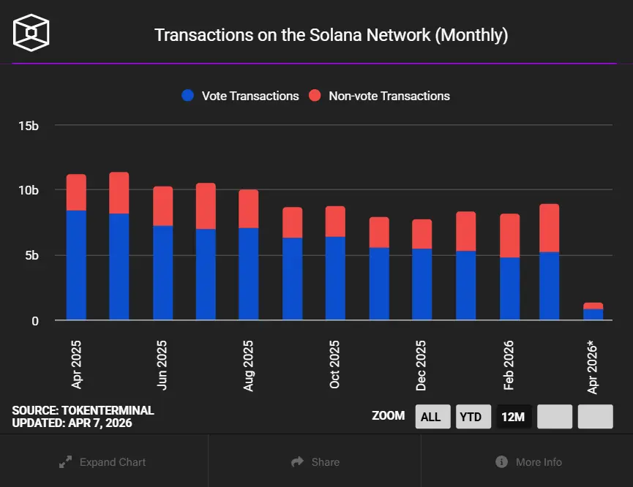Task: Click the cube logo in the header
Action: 31,33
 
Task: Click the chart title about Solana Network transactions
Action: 331,35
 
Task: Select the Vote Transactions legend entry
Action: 241,96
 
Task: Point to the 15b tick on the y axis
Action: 28,126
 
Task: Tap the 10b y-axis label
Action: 28,190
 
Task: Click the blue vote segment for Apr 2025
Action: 76,265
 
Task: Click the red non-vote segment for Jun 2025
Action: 162,206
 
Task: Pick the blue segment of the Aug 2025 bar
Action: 249,274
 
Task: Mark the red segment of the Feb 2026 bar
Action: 509,235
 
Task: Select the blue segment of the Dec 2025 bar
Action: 422,284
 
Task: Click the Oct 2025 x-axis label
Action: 335,364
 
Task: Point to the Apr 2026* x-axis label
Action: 593,366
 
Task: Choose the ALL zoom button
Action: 431,417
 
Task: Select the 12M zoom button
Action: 512,417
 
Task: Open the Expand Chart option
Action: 103,462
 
